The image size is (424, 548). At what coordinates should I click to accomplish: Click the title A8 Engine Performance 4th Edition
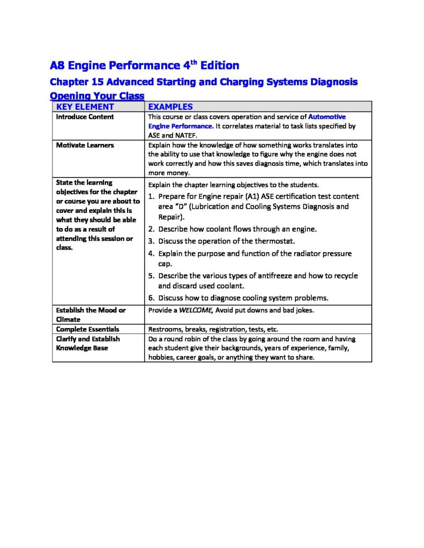(x=144, y=66)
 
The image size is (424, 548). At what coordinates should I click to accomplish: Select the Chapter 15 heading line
(x=203, y=82)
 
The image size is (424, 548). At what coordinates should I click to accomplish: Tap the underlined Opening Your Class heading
(x=97, y=96)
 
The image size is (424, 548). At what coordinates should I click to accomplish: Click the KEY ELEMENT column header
(x=85, y=106)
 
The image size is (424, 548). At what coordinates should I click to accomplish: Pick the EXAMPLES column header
(x=170, y=106)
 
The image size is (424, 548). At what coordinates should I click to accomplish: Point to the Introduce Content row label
(x=85, y=117)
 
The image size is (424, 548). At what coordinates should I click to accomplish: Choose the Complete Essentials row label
(x=87, y=329)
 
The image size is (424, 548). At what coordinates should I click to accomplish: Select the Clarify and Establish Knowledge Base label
(x=88, y=344)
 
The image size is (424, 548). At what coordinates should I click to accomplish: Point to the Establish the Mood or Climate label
(x=91, y=315)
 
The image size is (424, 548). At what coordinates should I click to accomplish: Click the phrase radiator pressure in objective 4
(x=326, y=254)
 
